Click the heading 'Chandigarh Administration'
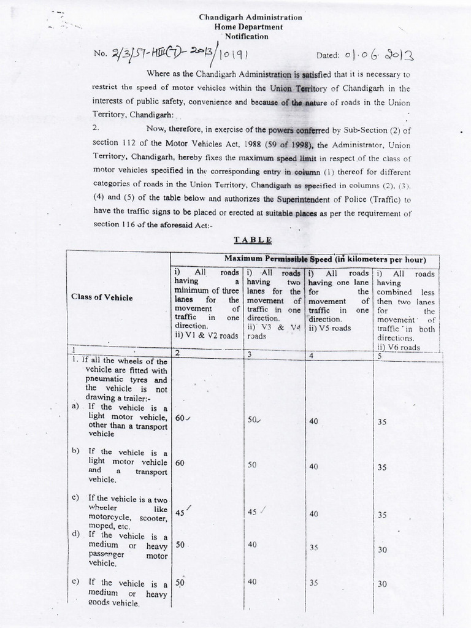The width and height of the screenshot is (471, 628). point(250,18)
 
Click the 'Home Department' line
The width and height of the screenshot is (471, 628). point(248,27)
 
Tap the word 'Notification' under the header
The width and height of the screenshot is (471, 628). point(247,37)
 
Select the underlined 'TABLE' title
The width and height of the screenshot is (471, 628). point(252,240)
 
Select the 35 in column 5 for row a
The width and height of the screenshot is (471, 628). point(382,421)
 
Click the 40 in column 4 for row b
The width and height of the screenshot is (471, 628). point(313,466)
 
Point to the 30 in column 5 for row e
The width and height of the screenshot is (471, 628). point(382,584)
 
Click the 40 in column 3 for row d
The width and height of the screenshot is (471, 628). point(252,544)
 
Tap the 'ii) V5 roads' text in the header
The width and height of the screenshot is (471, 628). point(330,328)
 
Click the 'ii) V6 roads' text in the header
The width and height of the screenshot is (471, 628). point(399,347)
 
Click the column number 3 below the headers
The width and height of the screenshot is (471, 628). point(248,354)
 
